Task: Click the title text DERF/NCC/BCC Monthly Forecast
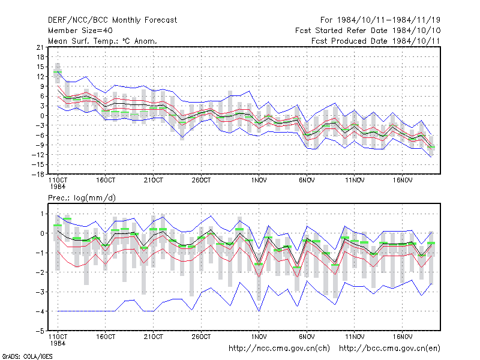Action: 112,20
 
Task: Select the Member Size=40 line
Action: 80,31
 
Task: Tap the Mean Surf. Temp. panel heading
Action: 102,41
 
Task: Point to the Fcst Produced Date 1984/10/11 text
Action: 376,41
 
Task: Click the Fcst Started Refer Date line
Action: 368,31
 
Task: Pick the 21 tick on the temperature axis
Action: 40,47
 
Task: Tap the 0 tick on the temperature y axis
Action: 42,116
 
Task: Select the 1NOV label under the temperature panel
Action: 259,181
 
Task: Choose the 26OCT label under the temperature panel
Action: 201,181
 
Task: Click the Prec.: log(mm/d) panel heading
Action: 82,198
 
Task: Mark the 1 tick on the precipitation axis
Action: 42,214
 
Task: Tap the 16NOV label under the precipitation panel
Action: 403,337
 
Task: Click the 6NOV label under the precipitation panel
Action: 307,337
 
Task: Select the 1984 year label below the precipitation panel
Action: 58,343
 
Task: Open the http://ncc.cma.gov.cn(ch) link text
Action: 280,349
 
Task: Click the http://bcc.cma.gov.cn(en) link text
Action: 389,349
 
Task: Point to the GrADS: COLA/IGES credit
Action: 27,356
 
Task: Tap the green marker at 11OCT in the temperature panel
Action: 58,72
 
